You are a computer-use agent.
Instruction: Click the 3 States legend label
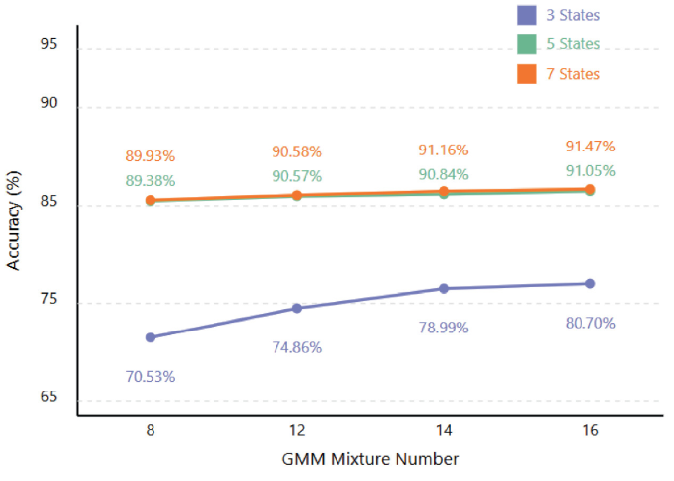click(573, 15)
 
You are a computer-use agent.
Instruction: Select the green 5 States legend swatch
click(526, 44)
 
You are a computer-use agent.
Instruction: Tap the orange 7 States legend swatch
click(526, 74)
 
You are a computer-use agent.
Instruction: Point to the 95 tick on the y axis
click(48, 45)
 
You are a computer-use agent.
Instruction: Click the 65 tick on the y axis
click(48, 399)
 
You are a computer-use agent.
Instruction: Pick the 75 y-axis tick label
click(48, 302)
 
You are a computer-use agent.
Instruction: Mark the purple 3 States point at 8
click(151, 337)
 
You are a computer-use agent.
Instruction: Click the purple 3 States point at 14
click(444, 288)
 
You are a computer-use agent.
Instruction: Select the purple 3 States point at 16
click(590, 283)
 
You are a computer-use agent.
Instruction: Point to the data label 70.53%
click(151, 376)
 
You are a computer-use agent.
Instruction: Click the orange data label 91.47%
click(590, 147)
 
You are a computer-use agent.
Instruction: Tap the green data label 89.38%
click(151, 180)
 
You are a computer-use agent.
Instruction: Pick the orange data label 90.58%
click(296, 151)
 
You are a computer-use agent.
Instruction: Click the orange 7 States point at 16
click(590, 189)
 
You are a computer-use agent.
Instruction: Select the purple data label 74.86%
click(296, 347)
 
